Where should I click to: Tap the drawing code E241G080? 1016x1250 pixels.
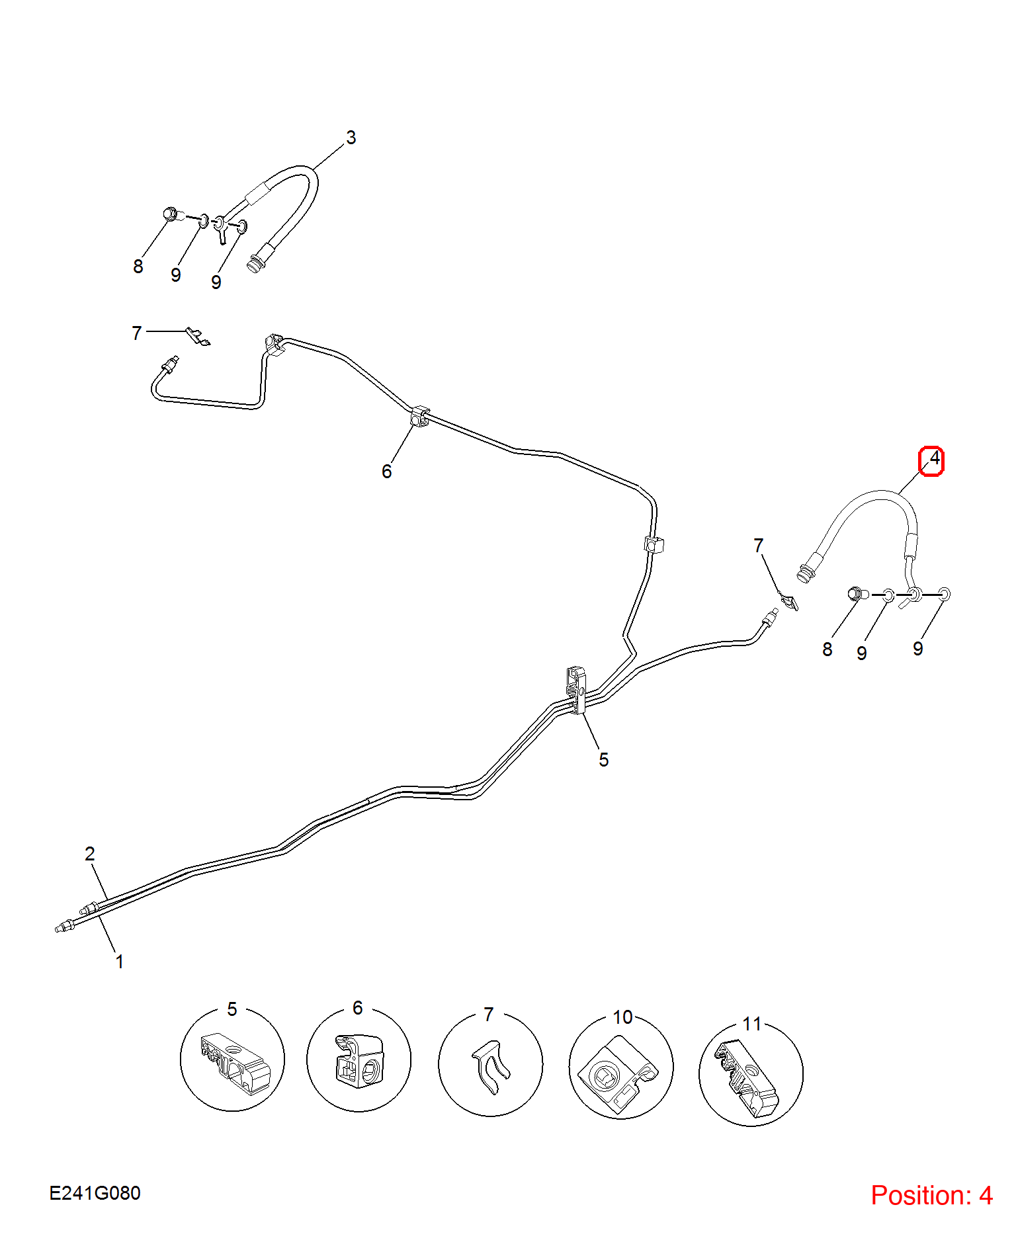tap(95, 1192)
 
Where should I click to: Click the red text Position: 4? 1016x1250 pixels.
tap(931, 1195)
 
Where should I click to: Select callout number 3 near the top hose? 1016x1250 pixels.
tap(351, 138)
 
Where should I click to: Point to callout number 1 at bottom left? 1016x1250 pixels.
tap(120, 961)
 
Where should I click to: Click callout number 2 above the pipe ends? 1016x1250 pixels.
tap(90, 853)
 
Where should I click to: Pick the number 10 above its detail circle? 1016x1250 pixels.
tap(622, 1017)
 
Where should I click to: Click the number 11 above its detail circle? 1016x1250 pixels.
tap(751, 1024)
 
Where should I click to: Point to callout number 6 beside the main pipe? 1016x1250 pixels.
tap(387, 472)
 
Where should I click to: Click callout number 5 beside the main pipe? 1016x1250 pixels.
tap(603, 759)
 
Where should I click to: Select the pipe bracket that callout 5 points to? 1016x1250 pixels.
tap(576, 690)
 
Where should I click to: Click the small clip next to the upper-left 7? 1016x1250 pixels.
tap(198, 337)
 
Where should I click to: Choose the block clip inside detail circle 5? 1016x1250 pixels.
tap(235, 1063)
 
